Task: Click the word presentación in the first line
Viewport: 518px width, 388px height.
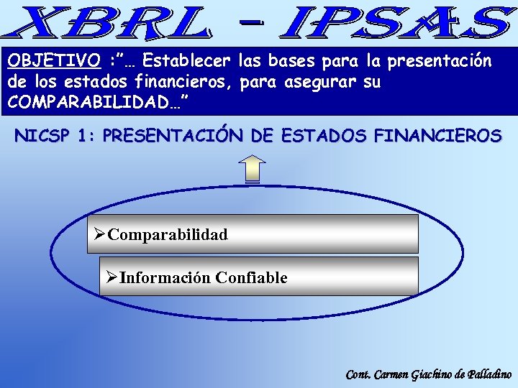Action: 439,60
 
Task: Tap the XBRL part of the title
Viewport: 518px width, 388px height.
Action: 108,23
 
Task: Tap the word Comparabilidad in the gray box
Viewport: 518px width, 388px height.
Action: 168,234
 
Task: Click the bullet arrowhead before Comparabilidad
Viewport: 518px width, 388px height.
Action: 100,234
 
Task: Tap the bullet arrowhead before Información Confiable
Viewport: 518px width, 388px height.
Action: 112,277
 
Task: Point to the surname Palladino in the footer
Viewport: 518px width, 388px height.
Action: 490,374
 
